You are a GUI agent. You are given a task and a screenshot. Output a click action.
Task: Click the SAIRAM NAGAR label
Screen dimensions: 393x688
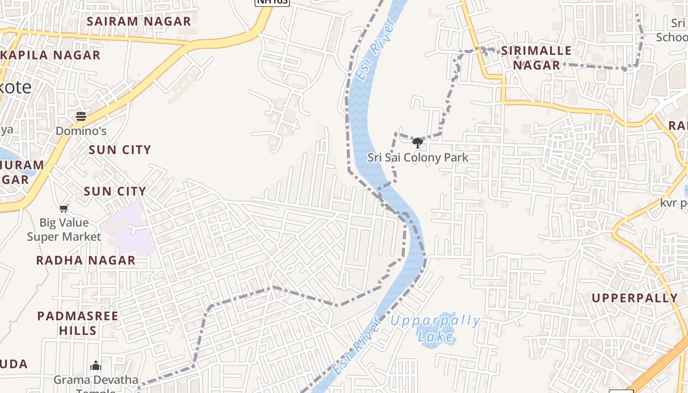139,21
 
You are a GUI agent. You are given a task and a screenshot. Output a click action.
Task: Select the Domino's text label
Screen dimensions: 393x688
81,131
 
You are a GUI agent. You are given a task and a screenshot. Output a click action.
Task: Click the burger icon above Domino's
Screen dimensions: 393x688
81,116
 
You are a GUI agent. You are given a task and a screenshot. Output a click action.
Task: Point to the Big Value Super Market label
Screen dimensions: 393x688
63,229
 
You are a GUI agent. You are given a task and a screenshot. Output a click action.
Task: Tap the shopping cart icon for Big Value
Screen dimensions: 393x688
63,209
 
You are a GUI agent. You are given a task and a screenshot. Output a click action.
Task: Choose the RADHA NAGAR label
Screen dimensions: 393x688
86,260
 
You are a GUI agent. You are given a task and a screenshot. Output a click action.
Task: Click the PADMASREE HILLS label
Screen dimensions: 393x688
78,323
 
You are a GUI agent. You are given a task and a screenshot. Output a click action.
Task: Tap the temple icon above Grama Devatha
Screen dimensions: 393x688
96,365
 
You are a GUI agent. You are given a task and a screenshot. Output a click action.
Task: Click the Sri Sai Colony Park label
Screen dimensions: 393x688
418,158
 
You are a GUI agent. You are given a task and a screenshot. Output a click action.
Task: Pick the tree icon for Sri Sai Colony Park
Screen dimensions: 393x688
418,143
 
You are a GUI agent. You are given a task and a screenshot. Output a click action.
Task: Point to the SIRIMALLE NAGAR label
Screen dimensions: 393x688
536,57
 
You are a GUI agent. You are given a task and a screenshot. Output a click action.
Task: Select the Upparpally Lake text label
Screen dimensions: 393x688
435,328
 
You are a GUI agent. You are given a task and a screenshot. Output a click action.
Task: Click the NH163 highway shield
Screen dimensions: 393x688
272,2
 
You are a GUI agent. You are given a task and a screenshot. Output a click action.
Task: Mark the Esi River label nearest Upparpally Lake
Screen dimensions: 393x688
357,346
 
